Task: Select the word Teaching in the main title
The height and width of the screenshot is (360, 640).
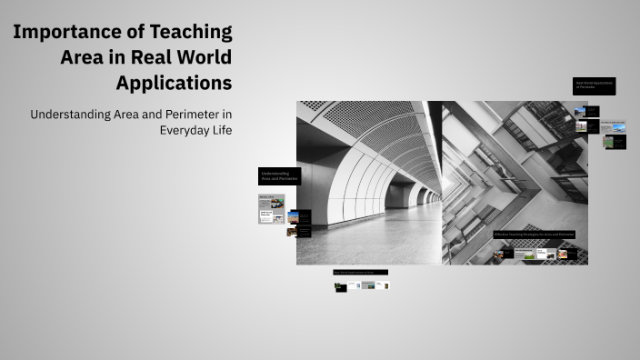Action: pos(194,33)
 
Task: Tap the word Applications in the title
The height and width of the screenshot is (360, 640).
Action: pos(174,83)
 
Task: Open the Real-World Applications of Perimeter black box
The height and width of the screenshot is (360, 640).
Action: pos(594,85)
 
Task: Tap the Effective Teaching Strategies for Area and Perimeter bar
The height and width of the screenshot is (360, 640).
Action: pos(535,235)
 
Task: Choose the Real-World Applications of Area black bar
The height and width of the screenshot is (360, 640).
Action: pos(360,272)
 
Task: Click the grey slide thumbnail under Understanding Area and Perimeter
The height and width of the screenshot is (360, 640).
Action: pos(271,209)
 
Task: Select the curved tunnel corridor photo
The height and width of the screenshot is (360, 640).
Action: pos(369,182)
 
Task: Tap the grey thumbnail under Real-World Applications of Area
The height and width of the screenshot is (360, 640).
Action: pos(368,285)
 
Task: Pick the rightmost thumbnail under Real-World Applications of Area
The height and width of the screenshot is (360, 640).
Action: pos(385,285)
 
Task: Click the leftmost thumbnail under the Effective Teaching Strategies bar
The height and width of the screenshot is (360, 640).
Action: pos(498,255)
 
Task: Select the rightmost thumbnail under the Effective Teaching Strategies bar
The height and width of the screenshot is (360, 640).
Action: pos(562,255)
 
